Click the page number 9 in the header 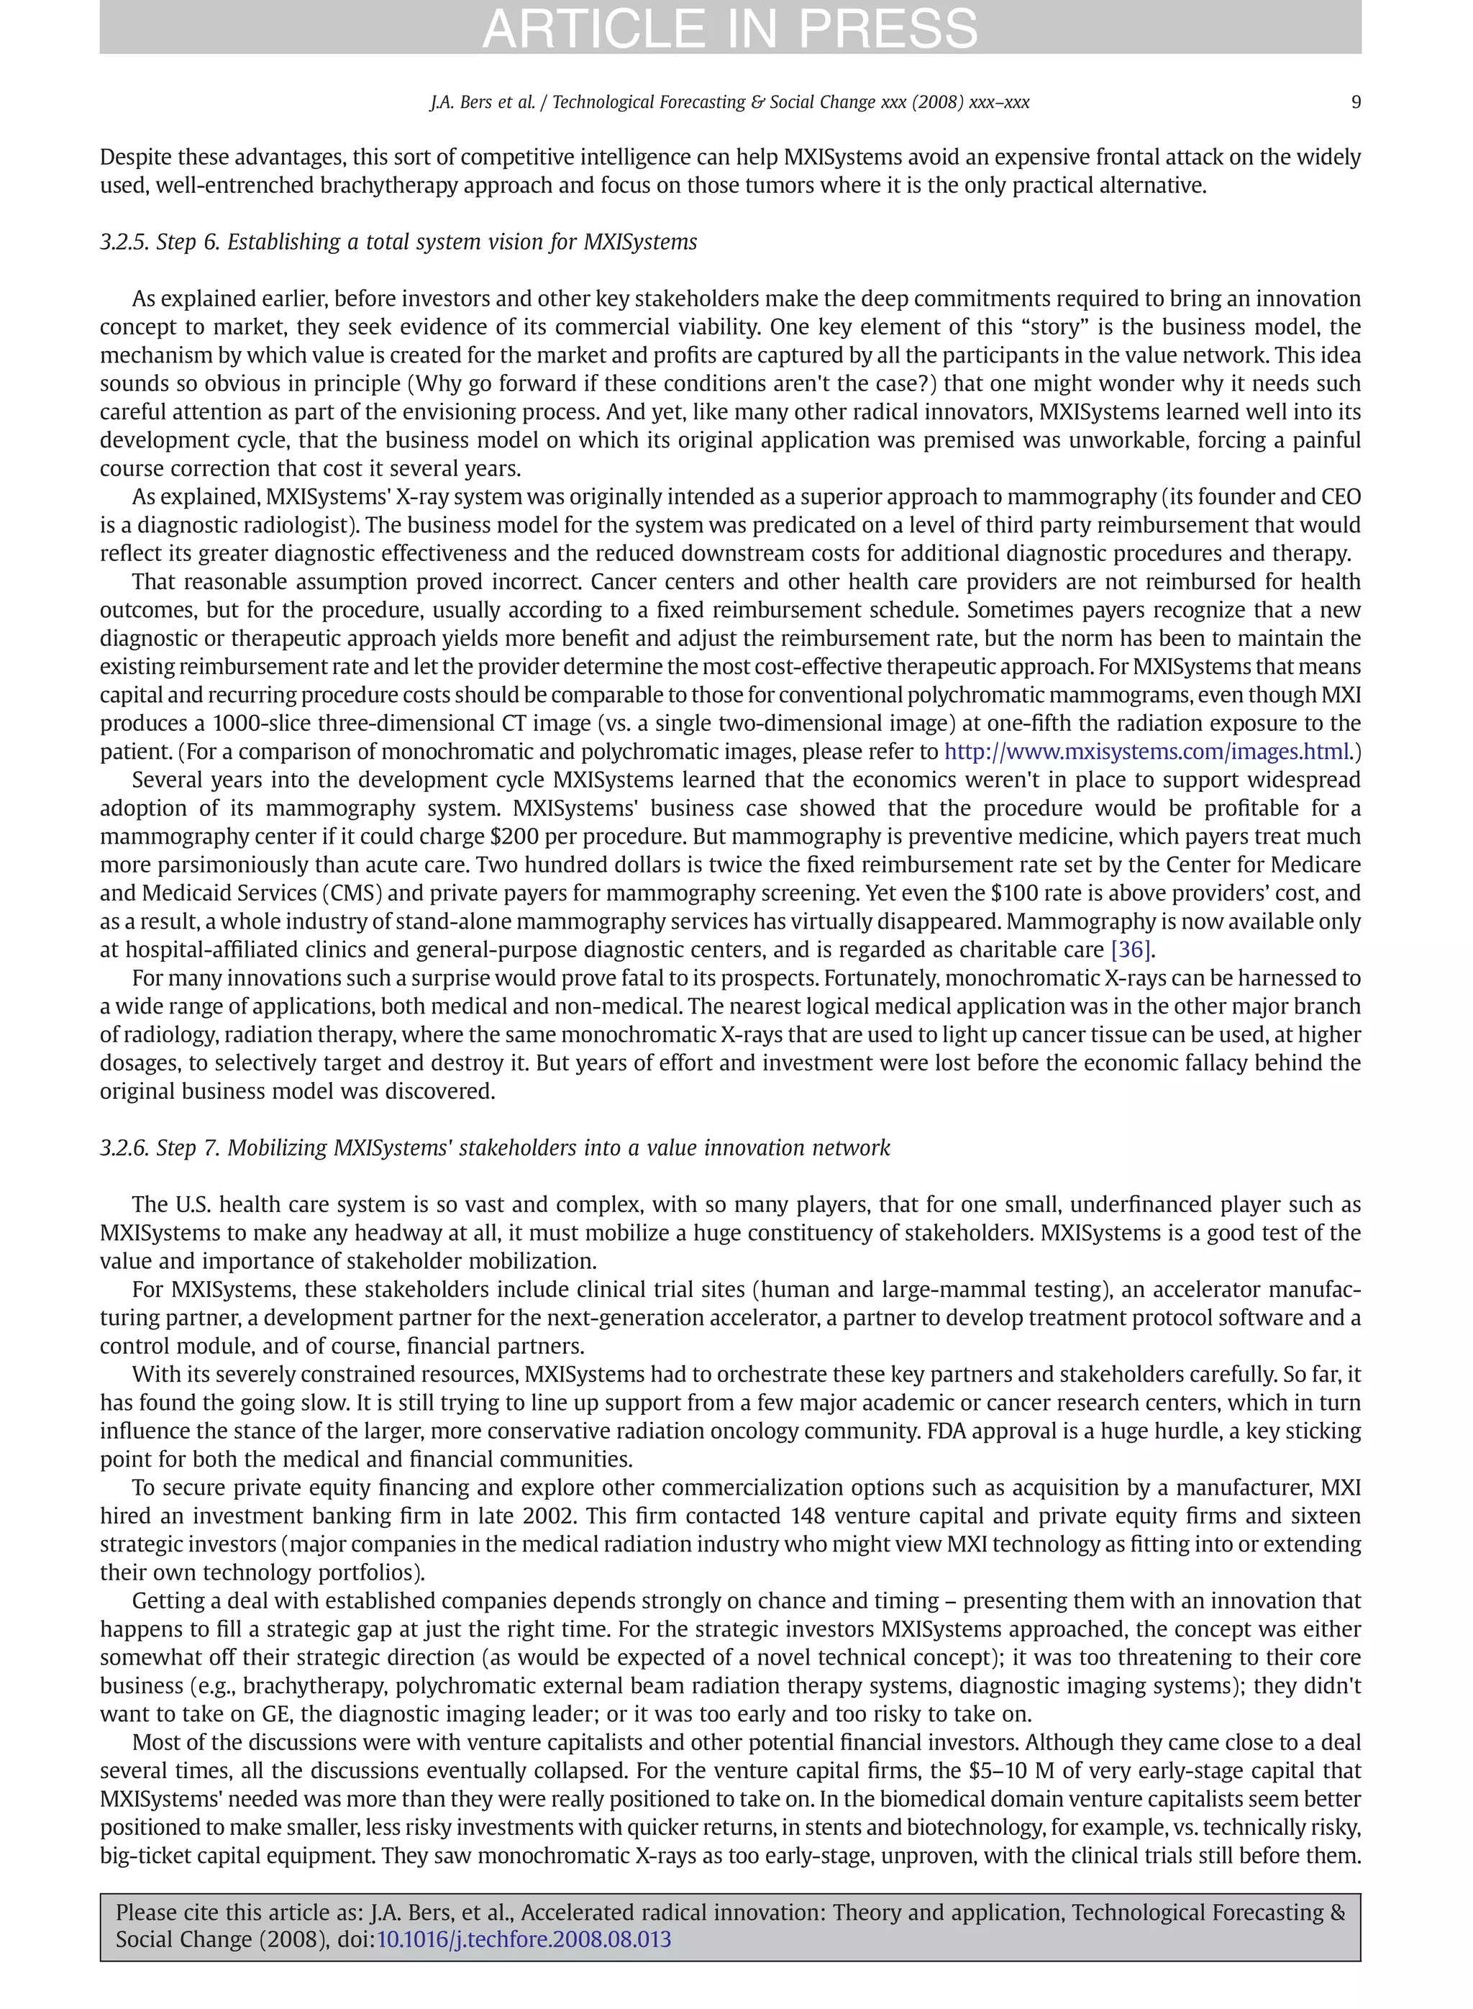1355,101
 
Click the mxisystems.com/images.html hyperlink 1146,752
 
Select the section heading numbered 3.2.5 398,242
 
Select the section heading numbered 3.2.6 494,1147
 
